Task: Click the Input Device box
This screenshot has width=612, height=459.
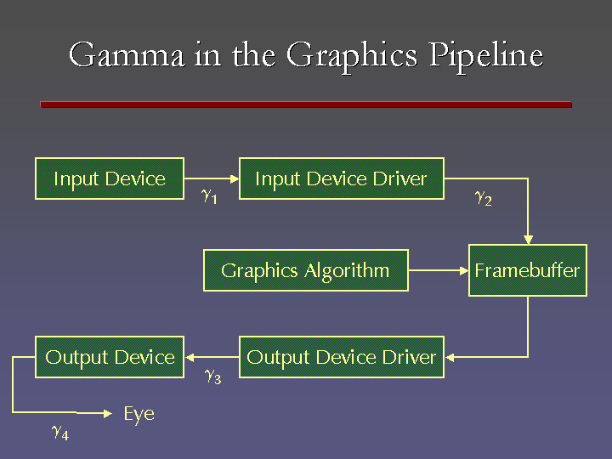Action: (x=110, y=178)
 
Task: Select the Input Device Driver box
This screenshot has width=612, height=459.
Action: (x=341, y=178)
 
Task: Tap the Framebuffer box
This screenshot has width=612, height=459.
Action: (x=527, y=270)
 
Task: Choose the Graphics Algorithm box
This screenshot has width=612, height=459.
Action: (x=305, y=270)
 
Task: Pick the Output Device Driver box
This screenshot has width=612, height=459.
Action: (x=341, y=357)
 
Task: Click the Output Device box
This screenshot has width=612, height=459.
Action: (x=110, y=357)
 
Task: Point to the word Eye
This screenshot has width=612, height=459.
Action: (x=139, y=414)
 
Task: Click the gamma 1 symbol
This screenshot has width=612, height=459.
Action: (x=208, y=196)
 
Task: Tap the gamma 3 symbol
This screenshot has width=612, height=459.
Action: (x=212, y=376)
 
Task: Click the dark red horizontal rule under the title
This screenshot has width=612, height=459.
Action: (x=306, y=105)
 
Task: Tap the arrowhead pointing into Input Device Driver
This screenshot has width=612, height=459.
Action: (x=234, y=178)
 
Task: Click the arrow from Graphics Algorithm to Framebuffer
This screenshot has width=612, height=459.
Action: (x=438, y=270)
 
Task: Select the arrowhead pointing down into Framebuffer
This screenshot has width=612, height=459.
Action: (x=528, y=239)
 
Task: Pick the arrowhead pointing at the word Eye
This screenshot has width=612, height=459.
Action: (x=108, y=414)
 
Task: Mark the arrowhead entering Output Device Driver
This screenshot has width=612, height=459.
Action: (x=450, y=357)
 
